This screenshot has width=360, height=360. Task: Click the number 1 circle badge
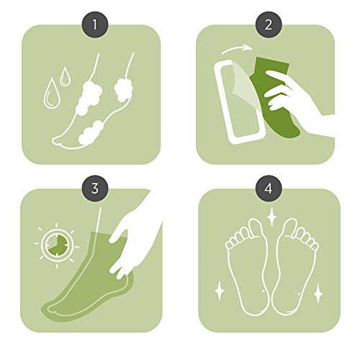coord(95,24)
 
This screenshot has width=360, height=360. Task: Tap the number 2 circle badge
coord(269,24)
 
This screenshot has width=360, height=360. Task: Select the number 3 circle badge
coord(95,189)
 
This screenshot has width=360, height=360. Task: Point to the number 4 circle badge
coord(269,189)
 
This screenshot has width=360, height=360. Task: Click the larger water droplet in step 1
coord(51,94)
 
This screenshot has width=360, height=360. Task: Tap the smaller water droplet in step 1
coord(65,77)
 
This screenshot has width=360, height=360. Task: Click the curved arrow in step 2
coord(236,48)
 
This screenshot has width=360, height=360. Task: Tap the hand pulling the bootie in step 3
coord(135,238)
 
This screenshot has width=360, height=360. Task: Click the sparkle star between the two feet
coord(271,217)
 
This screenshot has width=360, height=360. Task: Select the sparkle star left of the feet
coord(219,291)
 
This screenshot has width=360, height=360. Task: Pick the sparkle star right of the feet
coord(318,293)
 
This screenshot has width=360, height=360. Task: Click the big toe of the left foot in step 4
coord(256,228)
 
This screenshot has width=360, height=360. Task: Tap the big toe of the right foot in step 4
coord(290,228)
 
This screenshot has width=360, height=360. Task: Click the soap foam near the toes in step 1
coord(91,132)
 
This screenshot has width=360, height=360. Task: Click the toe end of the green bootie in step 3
coord(49,309)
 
